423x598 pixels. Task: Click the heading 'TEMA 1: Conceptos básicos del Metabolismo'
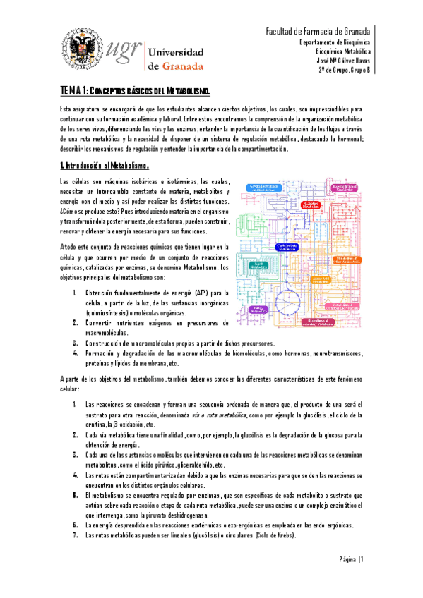tap(134, 92)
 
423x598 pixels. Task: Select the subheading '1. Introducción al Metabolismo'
tap(104, 166)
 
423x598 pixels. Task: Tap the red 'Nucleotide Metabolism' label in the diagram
tap(311, 203)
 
